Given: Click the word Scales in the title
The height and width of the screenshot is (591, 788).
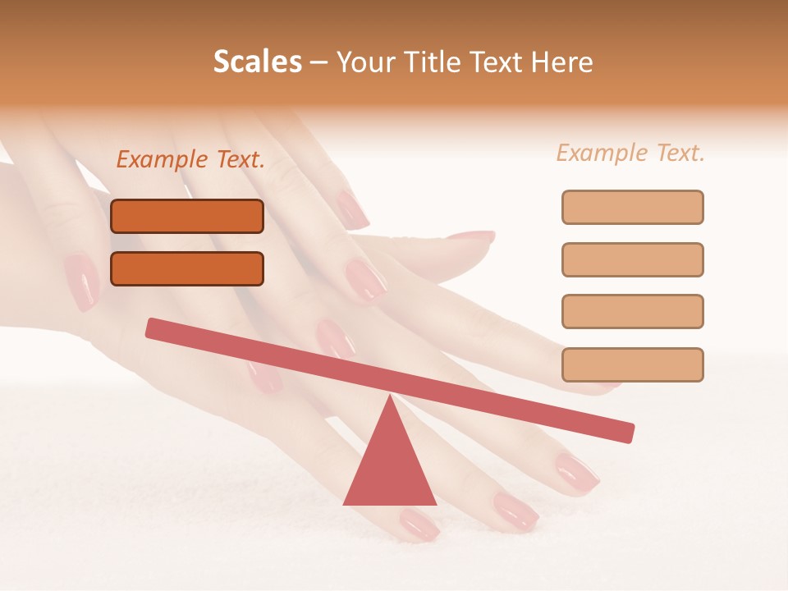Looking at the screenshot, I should coord(258,62).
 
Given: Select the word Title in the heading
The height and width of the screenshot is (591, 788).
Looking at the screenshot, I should coord(434,62).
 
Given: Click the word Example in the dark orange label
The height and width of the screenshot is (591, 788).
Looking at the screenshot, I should coord(163,160).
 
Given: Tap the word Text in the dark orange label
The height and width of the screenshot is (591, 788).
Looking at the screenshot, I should coord(239,160).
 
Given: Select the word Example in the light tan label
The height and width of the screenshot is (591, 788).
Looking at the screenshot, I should coord(602,153).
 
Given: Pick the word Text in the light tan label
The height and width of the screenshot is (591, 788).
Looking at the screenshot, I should coord(680,153).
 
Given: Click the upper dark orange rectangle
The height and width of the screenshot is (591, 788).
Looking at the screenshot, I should coord(187,216).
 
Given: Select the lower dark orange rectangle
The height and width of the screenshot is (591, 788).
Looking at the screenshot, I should coord(187,268).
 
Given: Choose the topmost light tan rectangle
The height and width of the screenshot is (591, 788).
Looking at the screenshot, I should coord(632,207).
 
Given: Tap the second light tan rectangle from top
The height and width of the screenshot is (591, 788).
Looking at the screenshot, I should coord(632,259).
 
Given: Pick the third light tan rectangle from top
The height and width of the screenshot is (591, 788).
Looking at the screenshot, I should coord(632,311).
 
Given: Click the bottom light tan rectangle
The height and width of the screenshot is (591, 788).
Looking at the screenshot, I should coord(632,364).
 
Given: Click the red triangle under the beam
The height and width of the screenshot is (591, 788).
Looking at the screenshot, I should coord(390,468).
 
